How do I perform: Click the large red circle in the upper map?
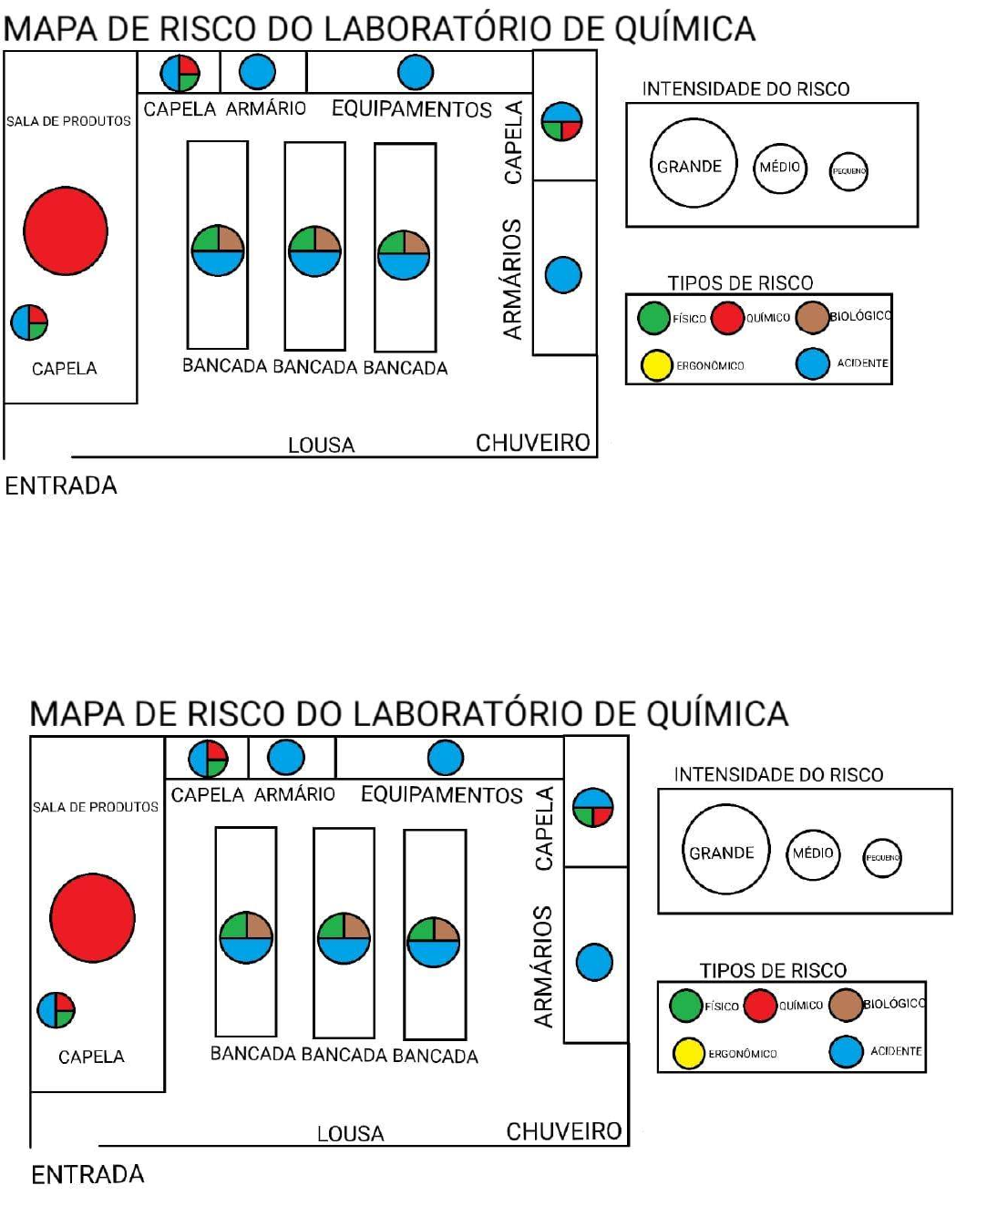pyautogui.click(x=66, y=231)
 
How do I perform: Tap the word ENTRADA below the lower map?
pyautogui.click(x=87, y=1174)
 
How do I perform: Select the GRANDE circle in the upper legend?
pyautogui.click(x=693, y=165)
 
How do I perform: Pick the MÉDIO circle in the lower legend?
pyautogui.click(x=813, y=853)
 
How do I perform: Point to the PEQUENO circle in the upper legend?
pyautogui.click(x=848, y=171)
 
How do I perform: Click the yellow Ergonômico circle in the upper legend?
pyautogui.click(x=656, y=364)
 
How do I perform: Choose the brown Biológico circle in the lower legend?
pyautogui.click(x=846, y=1005)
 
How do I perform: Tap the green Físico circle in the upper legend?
pyautogui.click(x=653, y=318)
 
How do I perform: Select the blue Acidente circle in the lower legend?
pyautogui.click(x=846, y=1051)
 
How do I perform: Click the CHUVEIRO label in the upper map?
pyautogui.click(x=533, y=443)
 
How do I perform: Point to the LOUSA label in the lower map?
pyautogui.click(x=350, y=1134)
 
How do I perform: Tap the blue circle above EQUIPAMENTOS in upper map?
pyautogui.click(x=416, y=72)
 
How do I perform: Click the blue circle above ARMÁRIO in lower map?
pyautogui.click(x=286, y=758)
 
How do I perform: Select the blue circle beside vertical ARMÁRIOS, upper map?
pyautogui.click(x=563, y=274)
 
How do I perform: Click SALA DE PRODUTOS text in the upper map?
pyautogui.click(x=68, y=121)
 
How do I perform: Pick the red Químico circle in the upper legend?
pyautogui.click(x=727, y=318)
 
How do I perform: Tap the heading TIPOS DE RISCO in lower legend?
pyautogui.click(x=773, y=970)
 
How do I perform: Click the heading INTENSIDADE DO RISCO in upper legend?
pyautogui.click(x=745, y=89)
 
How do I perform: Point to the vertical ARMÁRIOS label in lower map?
pyautogui.click(x=543, y=966)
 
